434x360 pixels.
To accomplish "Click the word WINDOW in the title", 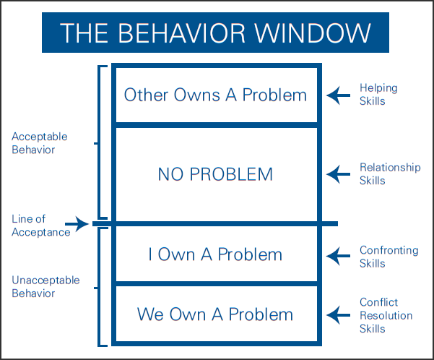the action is (x=313, y=33).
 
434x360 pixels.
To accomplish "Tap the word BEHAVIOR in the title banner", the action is (x=181, y=33).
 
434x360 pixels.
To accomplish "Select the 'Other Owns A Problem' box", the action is (x=217, y=95).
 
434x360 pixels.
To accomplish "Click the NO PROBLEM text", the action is (x=215, y=174).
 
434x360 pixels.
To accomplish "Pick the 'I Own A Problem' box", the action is (x=217, y=254).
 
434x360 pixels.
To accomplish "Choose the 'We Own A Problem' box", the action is (x=217, y=314).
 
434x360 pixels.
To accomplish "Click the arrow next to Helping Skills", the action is (x=338, y=95).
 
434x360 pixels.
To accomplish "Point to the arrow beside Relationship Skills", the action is (x=338, y=174).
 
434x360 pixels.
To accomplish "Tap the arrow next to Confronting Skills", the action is (x=338, y=256).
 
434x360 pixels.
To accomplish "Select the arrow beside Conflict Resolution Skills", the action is (x=338, y=315).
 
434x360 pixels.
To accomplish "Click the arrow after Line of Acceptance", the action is (x=77, y=224).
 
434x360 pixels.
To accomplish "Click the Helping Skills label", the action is (x=378, y=95).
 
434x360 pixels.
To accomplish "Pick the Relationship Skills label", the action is (x=390, y=173).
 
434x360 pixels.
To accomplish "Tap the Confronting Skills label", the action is (x=389, y=257).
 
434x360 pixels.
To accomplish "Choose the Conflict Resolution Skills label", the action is (x=386, y=315).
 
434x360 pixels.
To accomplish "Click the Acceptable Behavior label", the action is (x=40, y=143).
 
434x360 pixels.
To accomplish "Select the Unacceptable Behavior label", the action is (x=45, y=286).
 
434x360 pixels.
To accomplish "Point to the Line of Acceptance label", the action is (x=41, y=226).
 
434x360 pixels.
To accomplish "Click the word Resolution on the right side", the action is (x=386, y=315).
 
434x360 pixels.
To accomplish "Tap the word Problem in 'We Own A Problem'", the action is (x=261, y=314).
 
